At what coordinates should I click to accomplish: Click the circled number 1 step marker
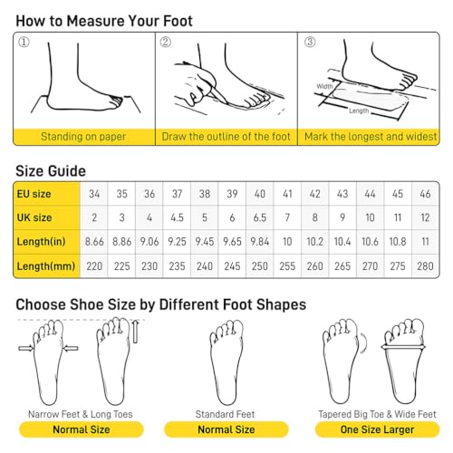pos(24,42)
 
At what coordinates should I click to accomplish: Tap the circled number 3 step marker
pos(310,42)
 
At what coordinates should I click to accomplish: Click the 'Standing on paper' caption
pos(83,137)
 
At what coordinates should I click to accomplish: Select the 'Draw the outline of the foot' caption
pos(226,137)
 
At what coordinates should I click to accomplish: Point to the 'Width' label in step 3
pos(324,86)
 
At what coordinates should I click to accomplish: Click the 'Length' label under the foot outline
pos(359,111)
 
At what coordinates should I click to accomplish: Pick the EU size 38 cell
pos(205,194)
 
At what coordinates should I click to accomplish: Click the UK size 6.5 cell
pos(260,217)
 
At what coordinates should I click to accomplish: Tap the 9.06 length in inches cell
pos(149,242)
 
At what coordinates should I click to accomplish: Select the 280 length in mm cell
pos(425,266)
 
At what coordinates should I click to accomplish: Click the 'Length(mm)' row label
pos(46,266)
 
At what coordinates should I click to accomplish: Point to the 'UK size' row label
pos(34,217)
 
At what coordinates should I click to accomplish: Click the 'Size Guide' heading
pos(51,171)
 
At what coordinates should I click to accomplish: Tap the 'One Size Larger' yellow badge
pos(377,429)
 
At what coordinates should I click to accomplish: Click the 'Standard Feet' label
pos(225,414)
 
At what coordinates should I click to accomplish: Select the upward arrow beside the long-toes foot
pos(136,332)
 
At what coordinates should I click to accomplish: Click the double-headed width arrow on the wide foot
pos(403,347)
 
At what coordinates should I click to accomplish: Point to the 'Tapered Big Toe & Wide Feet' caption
pos(377,414)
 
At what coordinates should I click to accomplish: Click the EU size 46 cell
pos(425,194)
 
